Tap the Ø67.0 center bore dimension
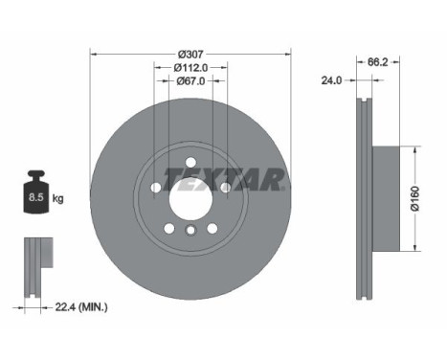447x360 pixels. coord(190,81)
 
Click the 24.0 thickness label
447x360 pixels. coord(332,81)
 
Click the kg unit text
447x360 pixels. coord(58,199)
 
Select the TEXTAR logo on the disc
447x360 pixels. coord(223,179)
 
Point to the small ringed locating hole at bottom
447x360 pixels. coord(190,232)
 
